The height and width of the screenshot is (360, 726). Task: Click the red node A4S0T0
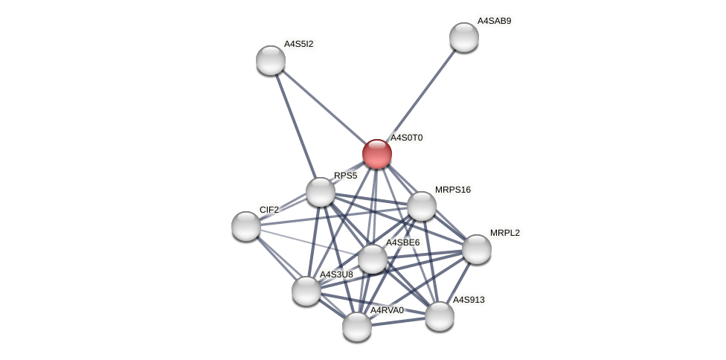click(377, 154)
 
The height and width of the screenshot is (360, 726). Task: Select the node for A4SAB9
click(464, 37)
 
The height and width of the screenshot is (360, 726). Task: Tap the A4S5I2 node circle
click(271, 60)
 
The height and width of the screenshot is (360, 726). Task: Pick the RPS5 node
click(321, 192)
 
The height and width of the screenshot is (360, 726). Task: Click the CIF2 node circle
click(246, 226)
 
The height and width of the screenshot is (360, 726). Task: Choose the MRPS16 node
click(422, 206)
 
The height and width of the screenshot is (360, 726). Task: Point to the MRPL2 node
click(477, 249)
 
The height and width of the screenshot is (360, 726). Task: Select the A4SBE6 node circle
click(373, 259)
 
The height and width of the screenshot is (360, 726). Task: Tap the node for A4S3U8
click(306, 291)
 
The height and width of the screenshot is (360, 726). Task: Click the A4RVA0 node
click(357, 326)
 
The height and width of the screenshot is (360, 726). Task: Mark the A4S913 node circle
click(440, 316)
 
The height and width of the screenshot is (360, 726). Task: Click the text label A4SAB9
click(494, 21)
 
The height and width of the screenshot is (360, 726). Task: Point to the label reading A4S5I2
click(298, 44)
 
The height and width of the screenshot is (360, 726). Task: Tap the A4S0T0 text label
click(406, 138)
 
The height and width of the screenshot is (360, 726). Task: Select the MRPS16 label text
click(452, 190)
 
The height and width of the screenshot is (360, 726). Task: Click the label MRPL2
click(504, 233)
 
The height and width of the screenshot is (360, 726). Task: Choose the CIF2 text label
click(269, 210)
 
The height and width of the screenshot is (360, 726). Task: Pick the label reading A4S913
click(469, 300)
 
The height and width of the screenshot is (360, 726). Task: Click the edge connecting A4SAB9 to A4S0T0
click(421, 95)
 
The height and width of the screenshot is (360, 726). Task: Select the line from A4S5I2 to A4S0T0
click(324, 107)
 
